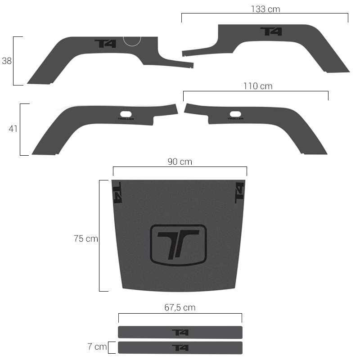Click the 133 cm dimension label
tap(265, 9)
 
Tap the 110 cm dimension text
tap(258, 86)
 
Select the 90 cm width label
tap(180, 162)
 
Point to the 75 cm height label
tap(86, 238)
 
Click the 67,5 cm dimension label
tap(180, 307)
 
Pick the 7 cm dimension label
tap(97, 346)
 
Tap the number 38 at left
tap(7, 61)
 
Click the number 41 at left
tap(13, 129)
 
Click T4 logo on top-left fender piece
tap(105, 44)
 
